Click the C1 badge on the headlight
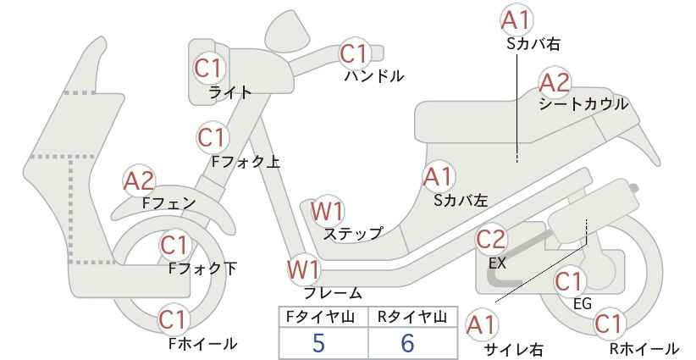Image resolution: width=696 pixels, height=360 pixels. [x=208, y=69]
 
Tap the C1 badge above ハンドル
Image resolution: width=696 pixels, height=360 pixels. [x=354, y=54]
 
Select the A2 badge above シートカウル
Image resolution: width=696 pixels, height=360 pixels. [x=555, y=82]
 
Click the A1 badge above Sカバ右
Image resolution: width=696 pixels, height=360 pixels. [x=516, y=20]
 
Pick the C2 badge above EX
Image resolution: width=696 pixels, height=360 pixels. [x=491, y=240]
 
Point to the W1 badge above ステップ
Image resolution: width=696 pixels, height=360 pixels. [x=327, y=211]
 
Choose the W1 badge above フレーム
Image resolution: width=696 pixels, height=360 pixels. [x=304, y=269]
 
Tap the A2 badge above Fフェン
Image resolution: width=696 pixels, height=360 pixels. [x=139, y=180]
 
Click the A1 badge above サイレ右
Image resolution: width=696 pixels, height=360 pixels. [x=481, y=325]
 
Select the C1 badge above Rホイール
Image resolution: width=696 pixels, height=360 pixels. [x=608, y=324]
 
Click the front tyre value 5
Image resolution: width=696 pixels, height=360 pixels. [x=318, y=343]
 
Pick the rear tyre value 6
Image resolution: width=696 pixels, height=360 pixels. [x=407, y=343]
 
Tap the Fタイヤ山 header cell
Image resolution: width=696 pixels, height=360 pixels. [x=323, y=317]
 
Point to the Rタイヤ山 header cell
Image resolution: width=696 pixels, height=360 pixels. [x=413, y=317]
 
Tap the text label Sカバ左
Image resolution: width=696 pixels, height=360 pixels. [x=461, y=200]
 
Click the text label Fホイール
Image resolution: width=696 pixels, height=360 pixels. [x=203, y=343]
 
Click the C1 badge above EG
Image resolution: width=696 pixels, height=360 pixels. [x=569, y=282]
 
